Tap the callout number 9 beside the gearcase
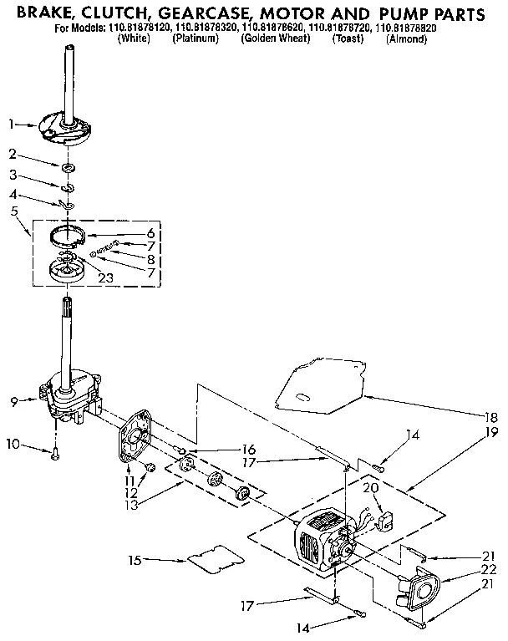14,402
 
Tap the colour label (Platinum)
195,38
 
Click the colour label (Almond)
407,38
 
